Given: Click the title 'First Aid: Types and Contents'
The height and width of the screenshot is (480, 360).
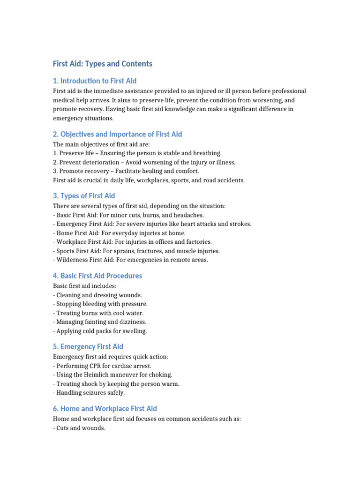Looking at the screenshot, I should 103,64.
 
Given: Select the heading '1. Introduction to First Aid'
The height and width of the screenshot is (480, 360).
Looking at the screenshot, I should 95,81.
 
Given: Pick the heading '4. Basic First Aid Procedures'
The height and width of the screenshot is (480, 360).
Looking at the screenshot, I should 97,276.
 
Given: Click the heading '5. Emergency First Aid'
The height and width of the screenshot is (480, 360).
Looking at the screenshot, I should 88,347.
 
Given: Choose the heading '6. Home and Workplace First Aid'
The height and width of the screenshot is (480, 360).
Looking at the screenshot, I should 105,409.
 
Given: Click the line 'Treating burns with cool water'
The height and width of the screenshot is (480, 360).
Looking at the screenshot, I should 100,313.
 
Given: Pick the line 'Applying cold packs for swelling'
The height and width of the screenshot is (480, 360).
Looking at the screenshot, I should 102,331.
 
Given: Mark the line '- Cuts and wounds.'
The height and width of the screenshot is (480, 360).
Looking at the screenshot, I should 79,427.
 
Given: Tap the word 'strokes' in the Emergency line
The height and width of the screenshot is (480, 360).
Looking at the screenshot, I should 239,224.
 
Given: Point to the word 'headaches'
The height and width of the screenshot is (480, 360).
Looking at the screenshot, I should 189,215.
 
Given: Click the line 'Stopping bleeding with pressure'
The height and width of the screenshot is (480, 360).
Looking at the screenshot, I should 102,304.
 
